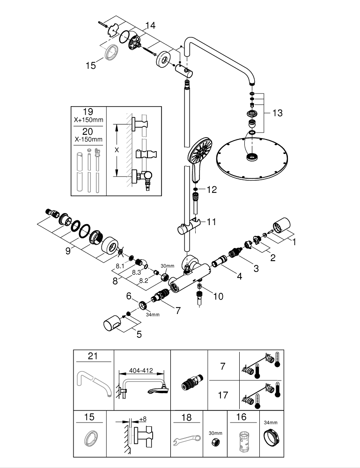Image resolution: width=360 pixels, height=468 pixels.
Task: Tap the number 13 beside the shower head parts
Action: pos(277,113)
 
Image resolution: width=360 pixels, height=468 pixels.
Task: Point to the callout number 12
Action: pos(212,190)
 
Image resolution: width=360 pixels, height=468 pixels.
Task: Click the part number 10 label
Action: pos(219,296)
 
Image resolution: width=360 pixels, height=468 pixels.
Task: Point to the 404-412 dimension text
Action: pos(141,369)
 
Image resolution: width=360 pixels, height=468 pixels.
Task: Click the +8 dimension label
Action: pos(143,419)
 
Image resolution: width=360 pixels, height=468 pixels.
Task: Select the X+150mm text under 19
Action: pos(88,120)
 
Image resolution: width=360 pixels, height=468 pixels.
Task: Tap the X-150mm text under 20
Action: pos(88,139)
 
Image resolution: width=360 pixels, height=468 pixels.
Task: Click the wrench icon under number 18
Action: pos(186,439)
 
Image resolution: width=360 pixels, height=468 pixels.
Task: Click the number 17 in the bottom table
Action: pos(223,395)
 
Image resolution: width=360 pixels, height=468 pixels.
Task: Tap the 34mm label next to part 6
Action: pos(153,314)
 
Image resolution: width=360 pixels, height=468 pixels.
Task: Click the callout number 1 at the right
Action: pos(294,242)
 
